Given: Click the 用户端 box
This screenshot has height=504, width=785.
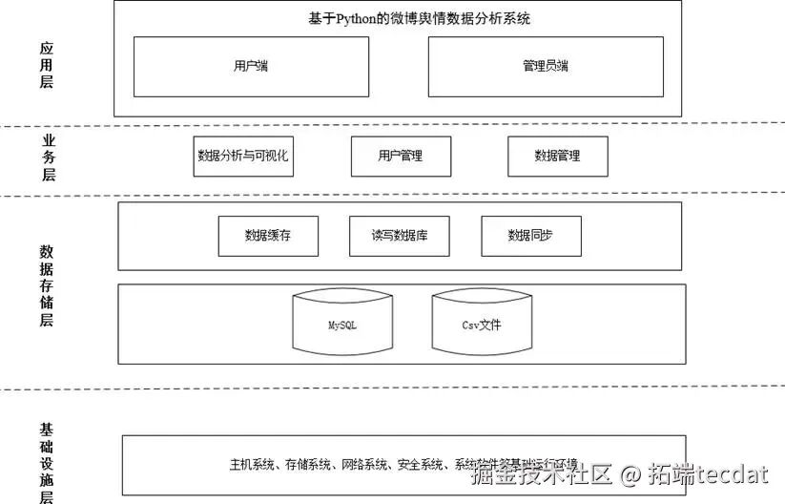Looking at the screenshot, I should tap(251, 67).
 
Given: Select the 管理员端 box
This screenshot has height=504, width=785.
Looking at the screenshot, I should tap(546, 67).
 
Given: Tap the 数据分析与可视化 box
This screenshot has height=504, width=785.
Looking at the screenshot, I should tap(242, 156).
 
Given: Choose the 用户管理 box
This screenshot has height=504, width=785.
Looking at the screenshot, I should tap(401, 156).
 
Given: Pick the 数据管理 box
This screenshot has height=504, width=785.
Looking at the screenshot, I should tap(557, 156).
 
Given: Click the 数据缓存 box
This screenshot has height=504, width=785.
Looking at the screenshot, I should tap(268, 236).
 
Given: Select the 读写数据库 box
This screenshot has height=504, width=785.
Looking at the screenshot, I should tap(400, 236).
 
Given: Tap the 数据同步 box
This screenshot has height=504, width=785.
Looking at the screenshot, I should tap(531, 236).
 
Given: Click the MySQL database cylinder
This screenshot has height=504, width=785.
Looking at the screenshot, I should tap(342, 325).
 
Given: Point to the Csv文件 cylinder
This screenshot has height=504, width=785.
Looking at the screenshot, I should tap(482, 325).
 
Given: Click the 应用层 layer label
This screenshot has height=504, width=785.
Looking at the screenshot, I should tap(47, 65).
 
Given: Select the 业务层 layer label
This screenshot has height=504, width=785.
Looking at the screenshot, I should tap(49, 157).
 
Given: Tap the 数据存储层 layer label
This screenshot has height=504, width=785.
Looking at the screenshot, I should tap(47, 285).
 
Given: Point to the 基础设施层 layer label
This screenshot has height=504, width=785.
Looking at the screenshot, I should tap(47, 462).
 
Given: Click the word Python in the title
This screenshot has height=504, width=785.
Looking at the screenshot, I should tap(360, 18).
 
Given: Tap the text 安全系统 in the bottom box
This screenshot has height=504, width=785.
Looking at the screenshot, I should tap(421, 466).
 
